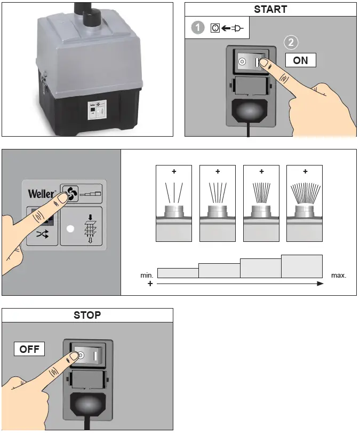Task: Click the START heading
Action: tap(270, 10)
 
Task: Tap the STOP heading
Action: tap(87, 315)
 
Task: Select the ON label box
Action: tap(300, 60)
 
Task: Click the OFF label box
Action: tap(29, 349)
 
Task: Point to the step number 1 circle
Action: tap(197, 28)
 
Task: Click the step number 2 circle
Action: tap(291, 43)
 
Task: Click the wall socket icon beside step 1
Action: tap(215, 28)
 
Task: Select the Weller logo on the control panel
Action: tap(42, 194)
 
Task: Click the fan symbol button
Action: tap(70, 193)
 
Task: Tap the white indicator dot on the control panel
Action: tap(70, 229)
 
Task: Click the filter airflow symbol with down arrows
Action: tap(90, 229)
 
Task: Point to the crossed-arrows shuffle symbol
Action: tap(42, 234)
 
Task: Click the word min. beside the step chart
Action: tap(147, 275)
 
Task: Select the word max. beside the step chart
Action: tap(339, 275)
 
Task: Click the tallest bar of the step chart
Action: tap(302, 266)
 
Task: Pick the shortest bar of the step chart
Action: tap(178, 273)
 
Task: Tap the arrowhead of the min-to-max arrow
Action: tap(321, 284)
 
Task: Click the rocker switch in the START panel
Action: tap(251, 61)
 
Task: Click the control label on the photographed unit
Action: tap(97, 111)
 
